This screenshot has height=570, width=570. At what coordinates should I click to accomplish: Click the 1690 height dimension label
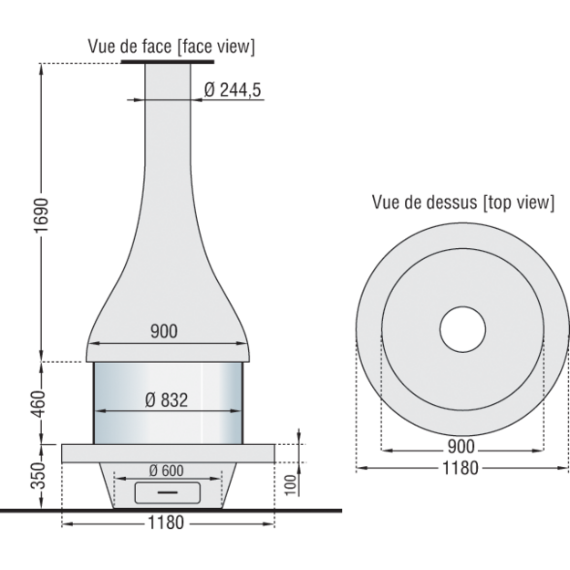pos(40,215)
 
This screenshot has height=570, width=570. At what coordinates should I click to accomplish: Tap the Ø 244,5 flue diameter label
pos(233,89)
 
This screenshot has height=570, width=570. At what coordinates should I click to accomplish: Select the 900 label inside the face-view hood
pos(164,331)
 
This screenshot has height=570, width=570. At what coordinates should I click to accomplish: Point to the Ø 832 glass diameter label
pos(167,399)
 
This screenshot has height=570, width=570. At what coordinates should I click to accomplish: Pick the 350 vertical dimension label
pos(39,475)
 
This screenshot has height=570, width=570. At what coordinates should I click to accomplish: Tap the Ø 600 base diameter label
pos(167,471)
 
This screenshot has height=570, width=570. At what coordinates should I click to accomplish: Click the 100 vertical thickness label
pos(290,485)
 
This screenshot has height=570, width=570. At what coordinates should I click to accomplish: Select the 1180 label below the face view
pos(166,523)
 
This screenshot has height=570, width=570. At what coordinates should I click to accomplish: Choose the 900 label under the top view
pos(461,446)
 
